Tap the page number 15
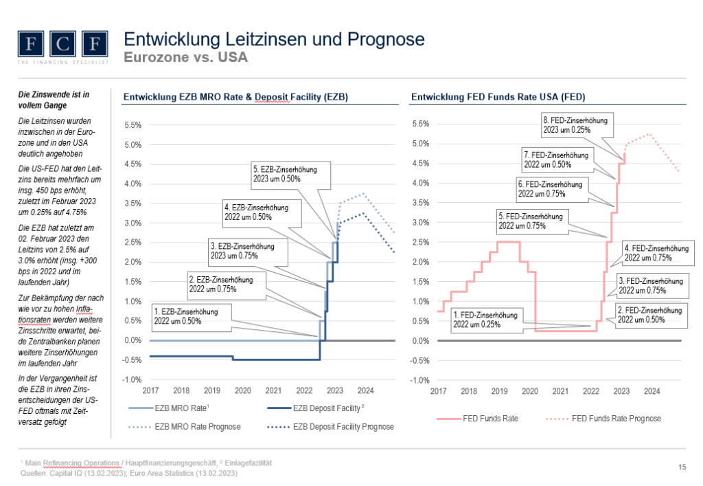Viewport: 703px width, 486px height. pos(682,468)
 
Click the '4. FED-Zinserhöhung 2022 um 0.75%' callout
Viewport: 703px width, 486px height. pos(657,252)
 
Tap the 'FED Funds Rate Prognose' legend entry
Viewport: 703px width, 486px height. pos(616,418)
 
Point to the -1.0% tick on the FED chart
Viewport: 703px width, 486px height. pos(419,380)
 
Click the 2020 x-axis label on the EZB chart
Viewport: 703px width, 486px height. pos(242,391)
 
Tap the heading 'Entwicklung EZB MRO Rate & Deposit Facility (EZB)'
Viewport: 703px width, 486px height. pos(235,98)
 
